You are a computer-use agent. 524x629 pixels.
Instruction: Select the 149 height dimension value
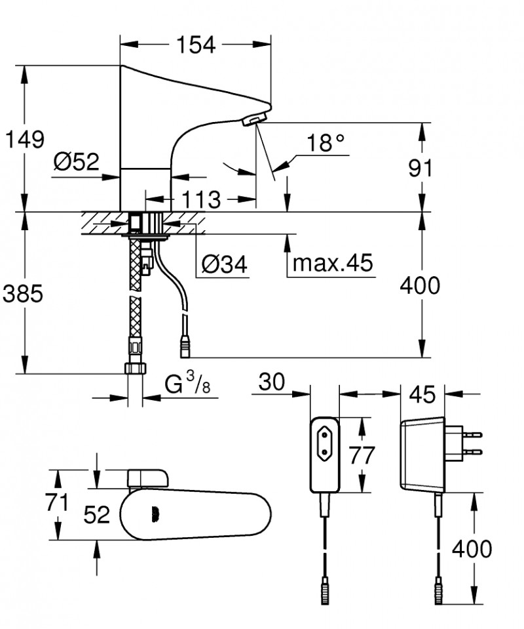point(24,139)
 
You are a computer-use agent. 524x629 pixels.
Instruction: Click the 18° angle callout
point(326,143)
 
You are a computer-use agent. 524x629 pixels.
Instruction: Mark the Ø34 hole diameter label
point(225,264)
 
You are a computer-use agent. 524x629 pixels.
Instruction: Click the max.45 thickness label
point(332,264)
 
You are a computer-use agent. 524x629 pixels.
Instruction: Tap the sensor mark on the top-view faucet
point(155,514)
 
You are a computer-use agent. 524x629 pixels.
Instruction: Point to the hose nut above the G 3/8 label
point(134,367)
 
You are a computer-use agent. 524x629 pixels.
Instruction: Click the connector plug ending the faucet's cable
point(185,346)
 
